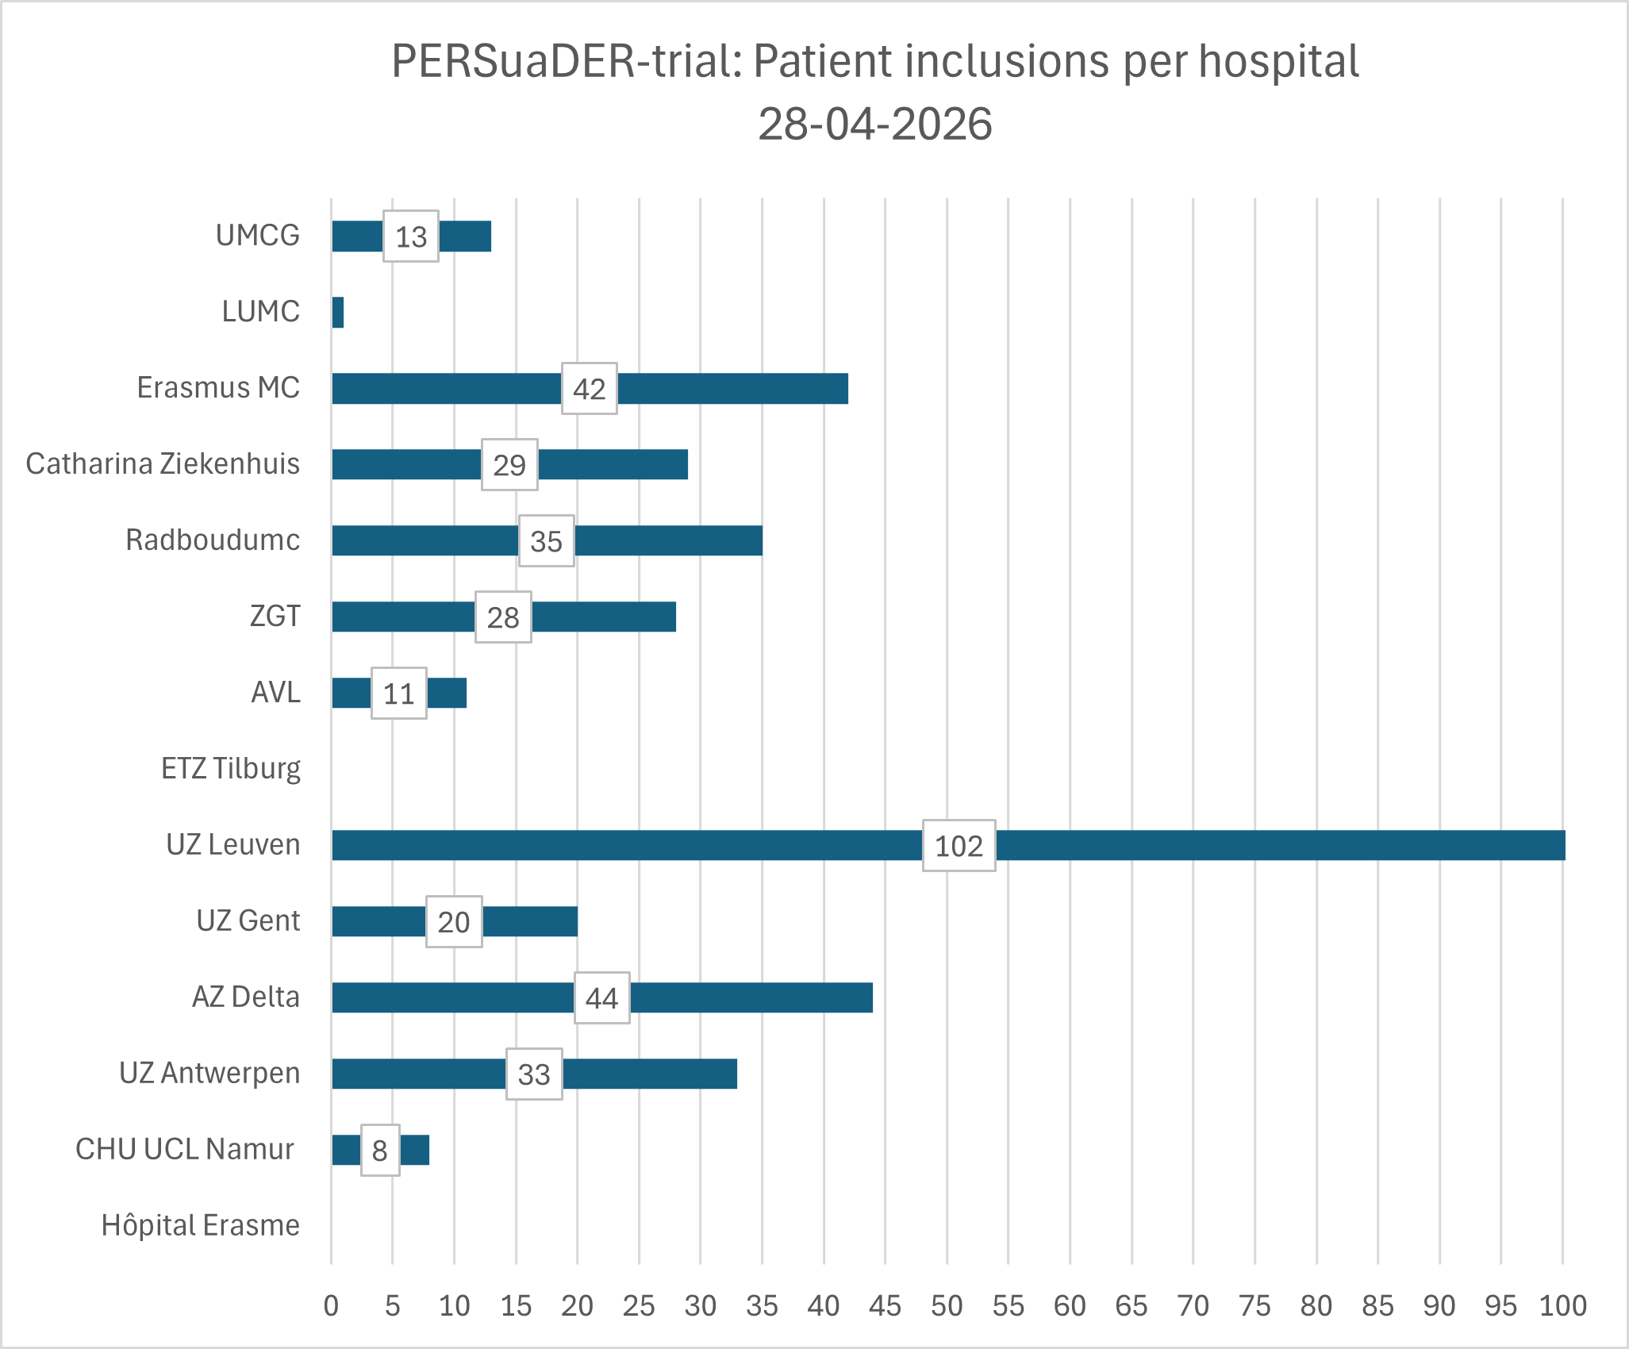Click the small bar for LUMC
point(338,313)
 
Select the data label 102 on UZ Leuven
point(959,846)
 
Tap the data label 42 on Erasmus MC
point(589,389)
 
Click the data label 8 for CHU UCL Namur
point(380,1151)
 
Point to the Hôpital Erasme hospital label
point(201,1226)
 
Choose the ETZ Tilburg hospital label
point(231,769)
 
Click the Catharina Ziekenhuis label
point(163,464)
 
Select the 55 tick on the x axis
point(1008,1306)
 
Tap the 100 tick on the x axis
point(1562,1306)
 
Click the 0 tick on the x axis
point(331,1306)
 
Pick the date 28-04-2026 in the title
point(874,125)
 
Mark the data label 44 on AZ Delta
point(601,998)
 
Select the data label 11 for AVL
point(398,694)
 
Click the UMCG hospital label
point(258,236)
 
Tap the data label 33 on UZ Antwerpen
point(534,1074)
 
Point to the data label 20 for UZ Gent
point(454,922)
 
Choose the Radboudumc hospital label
point(213,540)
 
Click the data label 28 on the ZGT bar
point(503,617)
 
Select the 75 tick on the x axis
point(1254,1306)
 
